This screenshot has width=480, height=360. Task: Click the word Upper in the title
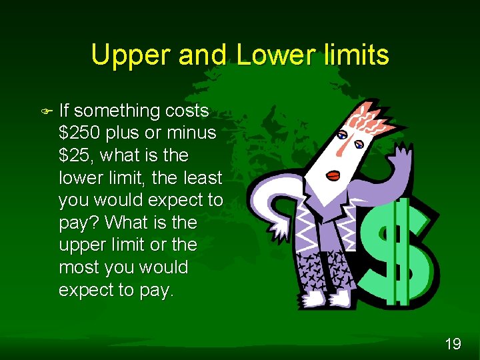click(x=131, y=55)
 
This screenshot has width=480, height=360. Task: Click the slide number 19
click(x=453, y=344)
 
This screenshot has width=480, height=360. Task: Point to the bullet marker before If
click(x=45, y=110)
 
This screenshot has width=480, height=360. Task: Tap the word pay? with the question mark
click(x=79, y=223)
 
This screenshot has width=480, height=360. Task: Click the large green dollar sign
click(x=398, y=250)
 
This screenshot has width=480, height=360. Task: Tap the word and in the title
click(x=203, y=55)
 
